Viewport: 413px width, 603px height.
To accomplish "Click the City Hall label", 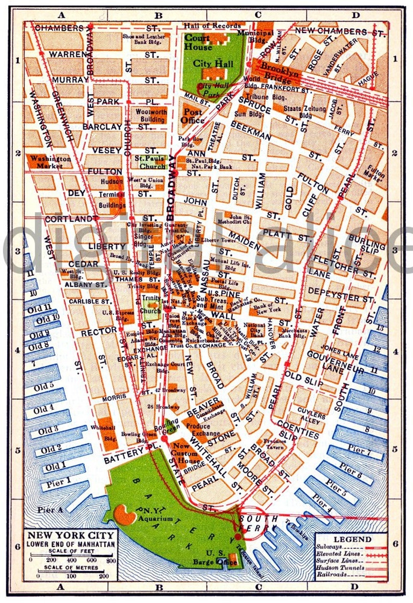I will (x=213, y=63).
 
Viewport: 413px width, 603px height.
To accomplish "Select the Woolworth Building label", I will (x=151, y=115).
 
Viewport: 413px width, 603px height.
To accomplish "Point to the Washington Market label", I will (x=50, y=162).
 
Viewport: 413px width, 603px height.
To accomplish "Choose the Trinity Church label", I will (x=150, y=304).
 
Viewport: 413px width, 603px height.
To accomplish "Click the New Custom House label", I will (x=185, y=453).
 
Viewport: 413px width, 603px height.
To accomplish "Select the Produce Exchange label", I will (x=203, y=429).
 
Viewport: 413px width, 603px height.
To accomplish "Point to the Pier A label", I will (x=50, y=510).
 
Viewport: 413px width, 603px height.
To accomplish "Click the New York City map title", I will (x=71, y=535).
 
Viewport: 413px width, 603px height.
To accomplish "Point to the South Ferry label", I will (x=259, y=523).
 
